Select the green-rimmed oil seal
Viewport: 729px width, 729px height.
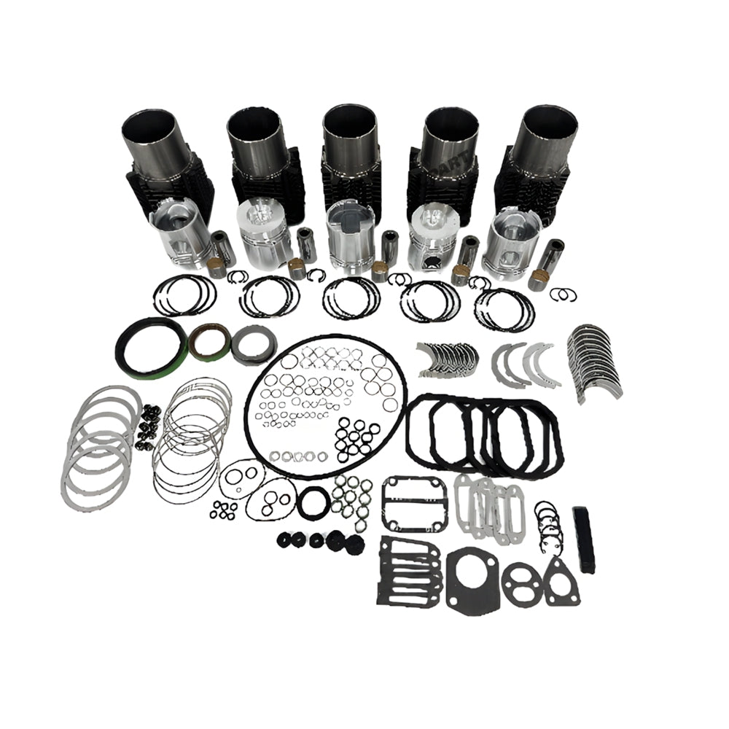click(209, 342)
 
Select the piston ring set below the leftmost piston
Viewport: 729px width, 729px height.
click(184, 295)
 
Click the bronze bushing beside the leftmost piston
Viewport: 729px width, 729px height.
click(216, 268)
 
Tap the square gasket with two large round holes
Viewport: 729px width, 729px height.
click(414, 499)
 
